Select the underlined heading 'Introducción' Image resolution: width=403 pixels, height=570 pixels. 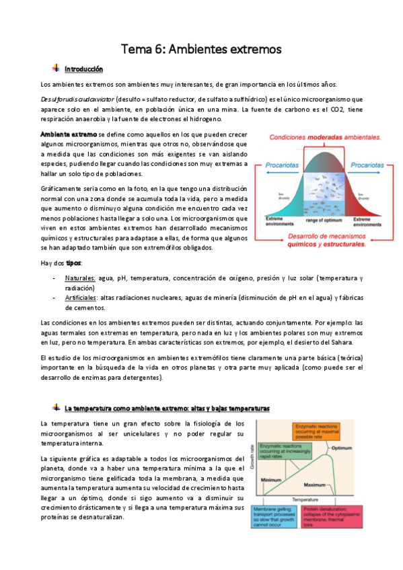coord(83,69)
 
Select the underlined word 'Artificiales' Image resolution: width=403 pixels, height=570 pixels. coord(81,297)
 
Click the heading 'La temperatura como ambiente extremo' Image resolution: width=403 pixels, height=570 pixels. coord(167,408)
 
